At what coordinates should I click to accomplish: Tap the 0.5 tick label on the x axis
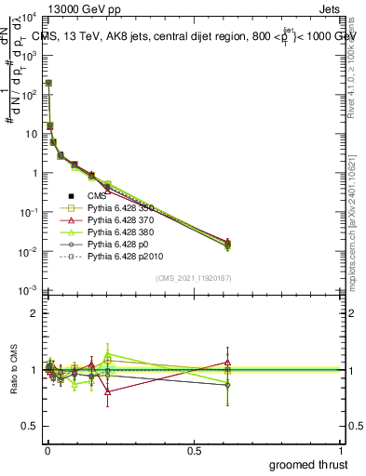coord(194,449)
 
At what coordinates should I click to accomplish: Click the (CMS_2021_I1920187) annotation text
coord(194,277)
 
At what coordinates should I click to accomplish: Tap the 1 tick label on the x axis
coord(340,449)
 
